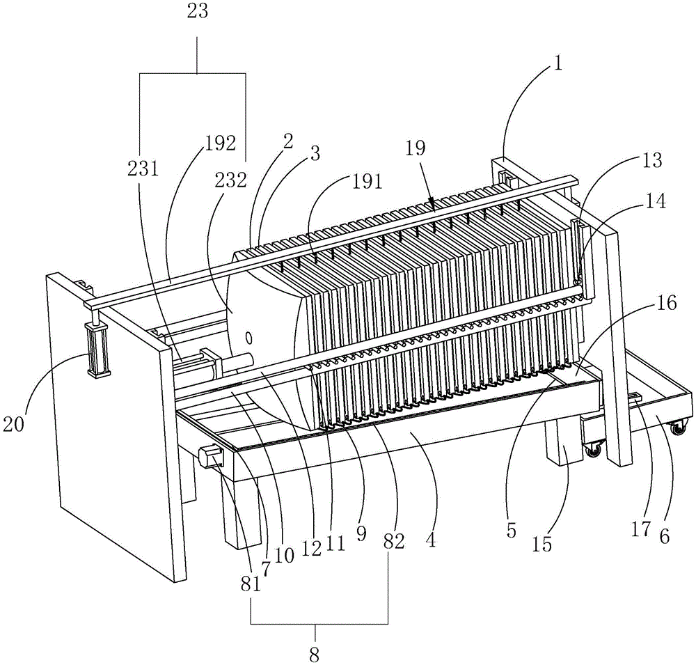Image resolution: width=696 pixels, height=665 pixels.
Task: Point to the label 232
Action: (x=231, y=180)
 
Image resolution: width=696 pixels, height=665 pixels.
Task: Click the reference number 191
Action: (x=367, y=182)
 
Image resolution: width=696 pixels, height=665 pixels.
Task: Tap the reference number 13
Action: (x=653, y=161)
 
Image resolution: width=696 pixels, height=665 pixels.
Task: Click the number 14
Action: (x=655, y=203)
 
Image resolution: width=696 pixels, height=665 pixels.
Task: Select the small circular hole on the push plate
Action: (x=250, y=339)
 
